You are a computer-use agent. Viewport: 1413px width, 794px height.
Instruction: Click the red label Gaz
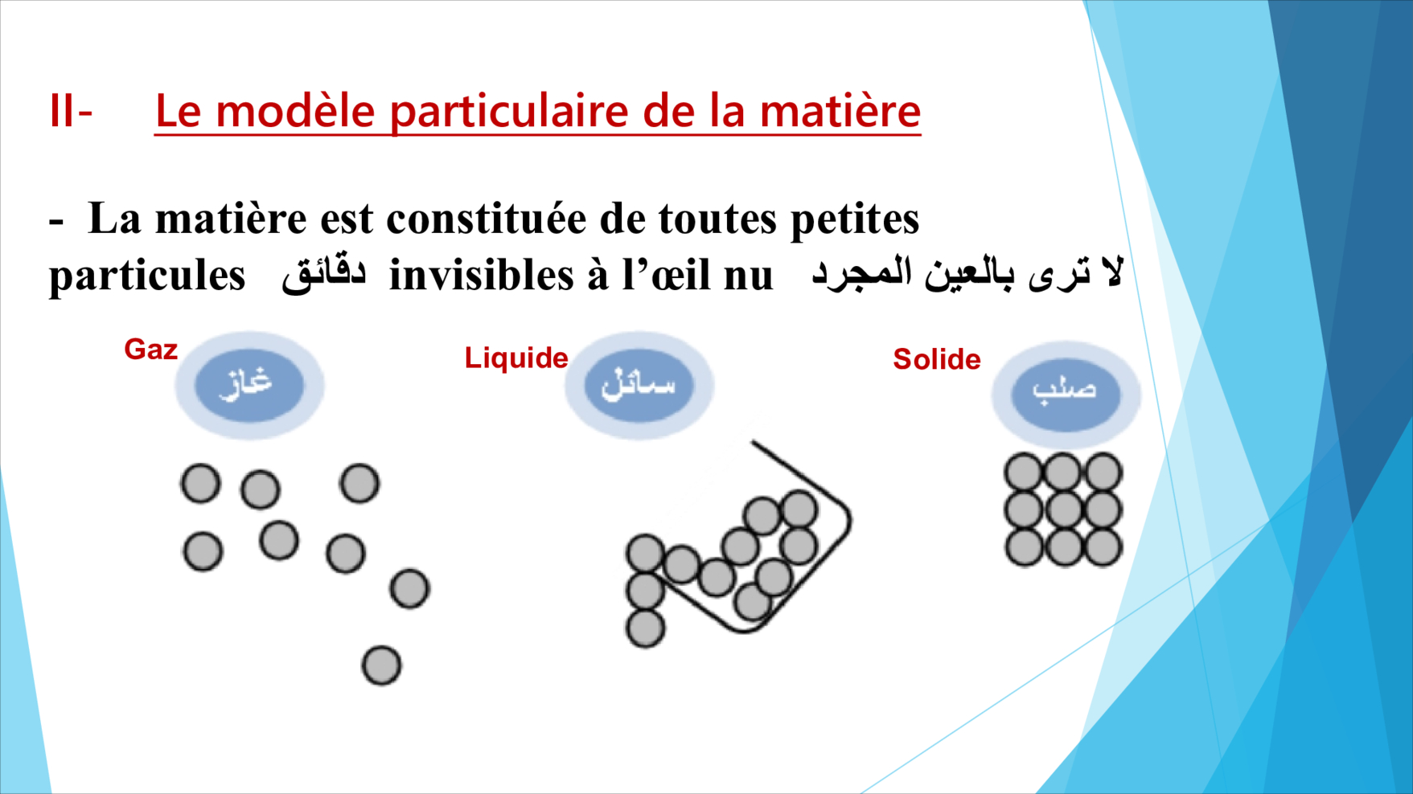tap(150, 350)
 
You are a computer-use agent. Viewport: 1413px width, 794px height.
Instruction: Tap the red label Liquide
tap(516, 358)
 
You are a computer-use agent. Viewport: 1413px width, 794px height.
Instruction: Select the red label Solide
tap(937, 359)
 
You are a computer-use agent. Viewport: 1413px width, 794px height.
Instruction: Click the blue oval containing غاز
tap(249, 385)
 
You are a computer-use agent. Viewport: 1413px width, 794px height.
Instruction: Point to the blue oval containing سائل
tap(639, 385)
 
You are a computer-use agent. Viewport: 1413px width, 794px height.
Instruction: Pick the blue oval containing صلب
tap(1066, 394)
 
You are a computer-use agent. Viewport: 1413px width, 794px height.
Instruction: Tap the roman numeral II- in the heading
tap(71, 111)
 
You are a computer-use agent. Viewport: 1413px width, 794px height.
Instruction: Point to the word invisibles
tap(480, 276)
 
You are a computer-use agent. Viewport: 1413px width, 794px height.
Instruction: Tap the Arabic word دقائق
tap(324, 274)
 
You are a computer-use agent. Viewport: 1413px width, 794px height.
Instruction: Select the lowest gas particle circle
tap(381, 665)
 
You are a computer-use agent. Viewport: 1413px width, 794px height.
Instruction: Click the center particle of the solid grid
tap(1064, 509)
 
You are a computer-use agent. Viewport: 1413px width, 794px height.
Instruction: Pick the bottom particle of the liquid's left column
tap(645, 628)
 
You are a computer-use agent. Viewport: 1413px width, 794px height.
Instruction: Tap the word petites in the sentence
tap(855, 219)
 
